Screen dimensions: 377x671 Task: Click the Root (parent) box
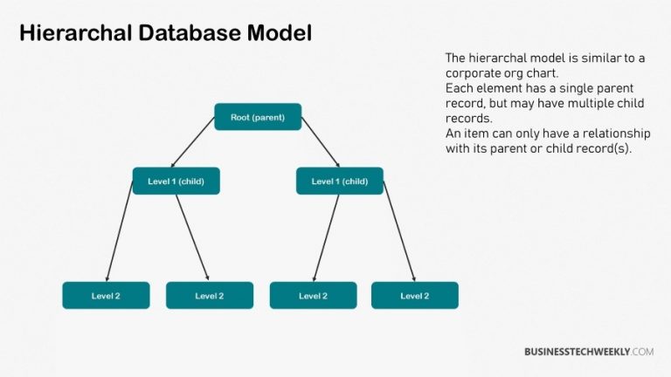click(x=258, y=117)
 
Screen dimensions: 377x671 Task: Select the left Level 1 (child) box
click(x=176, y=181)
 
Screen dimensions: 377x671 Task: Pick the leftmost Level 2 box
click(x=106, y=296)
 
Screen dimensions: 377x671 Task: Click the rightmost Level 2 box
click(x=414, y=296)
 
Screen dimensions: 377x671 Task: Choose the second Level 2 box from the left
click(x=210, y=296)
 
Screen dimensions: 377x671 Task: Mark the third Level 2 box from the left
click(x=313, y=296)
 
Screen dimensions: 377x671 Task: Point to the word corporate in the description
click(x=475, y=73)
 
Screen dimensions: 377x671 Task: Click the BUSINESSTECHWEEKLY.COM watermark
click(x=589, y=352)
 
